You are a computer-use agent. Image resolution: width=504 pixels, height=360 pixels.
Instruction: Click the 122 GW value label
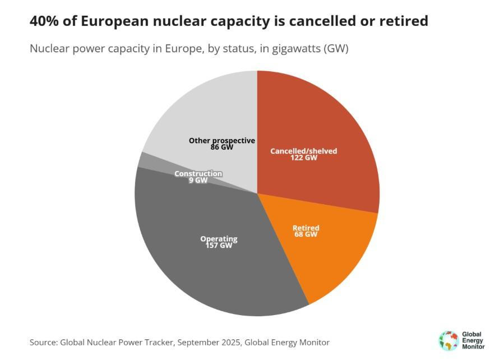click(304, 158)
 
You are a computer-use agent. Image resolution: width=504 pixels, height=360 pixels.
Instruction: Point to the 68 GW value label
click(306, 234)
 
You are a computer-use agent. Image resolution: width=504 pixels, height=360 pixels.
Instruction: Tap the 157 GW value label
click(219, 246)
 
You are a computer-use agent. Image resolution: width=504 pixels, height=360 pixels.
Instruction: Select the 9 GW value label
click(198, 181)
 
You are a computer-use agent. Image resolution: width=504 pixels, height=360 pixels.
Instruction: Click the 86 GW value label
click(222, 147)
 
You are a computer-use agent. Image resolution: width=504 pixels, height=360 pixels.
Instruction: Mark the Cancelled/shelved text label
click(304, 151)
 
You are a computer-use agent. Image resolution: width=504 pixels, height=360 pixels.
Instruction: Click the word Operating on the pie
click(219, 239)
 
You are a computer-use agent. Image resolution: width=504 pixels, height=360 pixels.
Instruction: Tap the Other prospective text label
click(222, 140)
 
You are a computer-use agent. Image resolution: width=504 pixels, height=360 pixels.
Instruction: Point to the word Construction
click(198, 174)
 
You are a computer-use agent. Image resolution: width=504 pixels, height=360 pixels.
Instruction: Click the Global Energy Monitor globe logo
click(448, 340)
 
